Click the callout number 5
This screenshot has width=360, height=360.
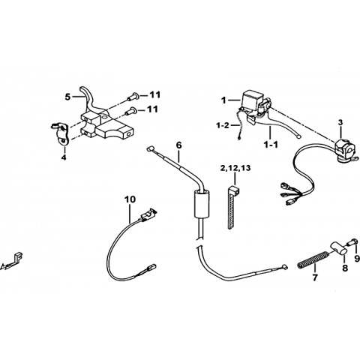coord(67,97)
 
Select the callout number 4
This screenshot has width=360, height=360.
coord(64,157)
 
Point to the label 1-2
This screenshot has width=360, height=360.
coord(223,125)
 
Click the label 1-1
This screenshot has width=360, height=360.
coord(270,144)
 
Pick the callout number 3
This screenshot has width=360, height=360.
coord(340,122)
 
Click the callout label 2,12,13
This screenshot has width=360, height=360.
coord(235,168)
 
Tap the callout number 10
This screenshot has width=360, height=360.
coord(130,199)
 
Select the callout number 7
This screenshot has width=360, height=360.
coord(315,277)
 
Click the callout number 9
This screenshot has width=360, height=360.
coord(356,259)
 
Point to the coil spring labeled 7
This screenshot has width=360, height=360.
coord(313,260)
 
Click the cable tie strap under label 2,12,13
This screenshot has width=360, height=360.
coord(232,207)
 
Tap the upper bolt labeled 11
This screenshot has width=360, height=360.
coord(133,97)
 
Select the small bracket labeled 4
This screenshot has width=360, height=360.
coord(60,133)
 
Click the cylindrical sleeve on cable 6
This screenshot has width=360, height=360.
coord(201,204)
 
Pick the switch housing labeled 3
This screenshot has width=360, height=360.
coord(343,150)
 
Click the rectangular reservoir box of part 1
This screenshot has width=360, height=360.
coord(251,100)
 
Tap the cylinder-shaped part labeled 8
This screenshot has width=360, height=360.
coord(339,248)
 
